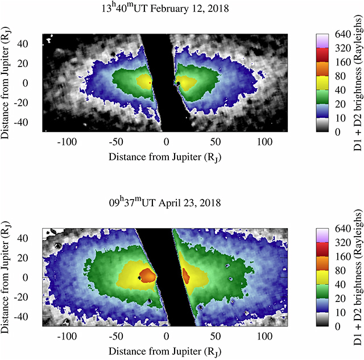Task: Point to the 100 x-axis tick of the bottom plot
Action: click(x=263, y=333)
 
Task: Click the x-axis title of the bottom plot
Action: click(x=166, y=347)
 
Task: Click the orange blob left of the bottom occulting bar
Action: click(x=148, y=275)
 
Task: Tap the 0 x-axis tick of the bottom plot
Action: click(x=166, y=333)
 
